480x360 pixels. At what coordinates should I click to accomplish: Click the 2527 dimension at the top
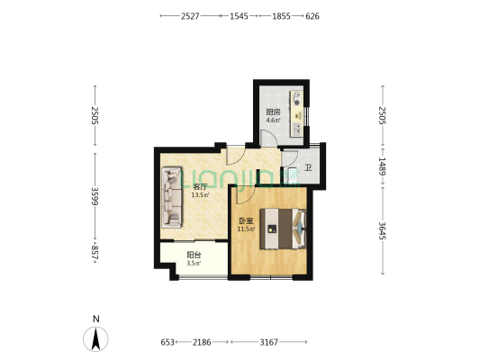pos(190,16)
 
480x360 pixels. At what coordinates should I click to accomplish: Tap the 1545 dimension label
pos(239,16)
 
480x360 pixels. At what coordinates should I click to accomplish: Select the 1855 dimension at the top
pos(281,16)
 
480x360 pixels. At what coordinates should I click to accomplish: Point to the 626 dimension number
pos(312,16)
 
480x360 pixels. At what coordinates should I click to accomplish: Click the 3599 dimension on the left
pos(95,196)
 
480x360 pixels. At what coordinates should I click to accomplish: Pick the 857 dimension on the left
pos(95,253)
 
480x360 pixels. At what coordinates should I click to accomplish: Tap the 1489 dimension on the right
pos(383,166)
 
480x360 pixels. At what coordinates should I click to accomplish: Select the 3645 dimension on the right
pos(383,230)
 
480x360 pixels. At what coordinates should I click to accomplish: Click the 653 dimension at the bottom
pos(168,342)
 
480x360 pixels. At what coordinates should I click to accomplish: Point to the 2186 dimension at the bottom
pos(202,342)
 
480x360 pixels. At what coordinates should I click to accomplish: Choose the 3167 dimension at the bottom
pos(268,342)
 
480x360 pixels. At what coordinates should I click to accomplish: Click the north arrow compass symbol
pos(95,339)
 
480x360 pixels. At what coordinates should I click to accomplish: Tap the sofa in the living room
pos(172,197)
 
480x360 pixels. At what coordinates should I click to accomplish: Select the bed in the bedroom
pos(283,229)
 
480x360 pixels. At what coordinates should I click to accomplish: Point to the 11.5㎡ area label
pos(247,229)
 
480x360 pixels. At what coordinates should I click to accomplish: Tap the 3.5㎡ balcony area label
pos(194,263)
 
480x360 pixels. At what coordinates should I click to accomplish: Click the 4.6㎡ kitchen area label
pos(273,120)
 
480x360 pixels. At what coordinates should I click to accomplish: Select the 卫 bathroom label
pos(308,167)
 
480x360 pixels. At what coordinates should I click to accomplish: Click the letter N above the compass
pos(96,319)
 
